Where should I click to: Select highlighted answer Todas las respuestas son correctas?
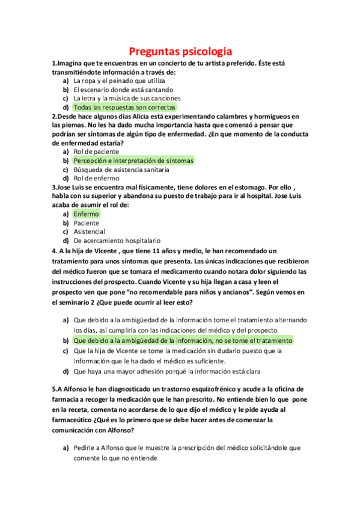[x=125, y=107]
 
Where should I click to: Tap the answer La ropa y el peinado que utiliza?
[x=120, y=80]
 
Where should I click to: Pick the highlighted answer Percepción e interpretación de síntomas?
[x=133, y=161]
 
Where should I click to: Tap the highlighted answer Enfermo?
[x=87, y=214]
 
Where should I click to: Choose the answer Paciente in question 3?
[x=87, y=223]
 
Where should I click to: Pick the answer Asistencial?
[x=90, y=232]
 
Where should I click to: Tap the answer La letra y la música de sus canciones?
[x=127, y=98]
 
